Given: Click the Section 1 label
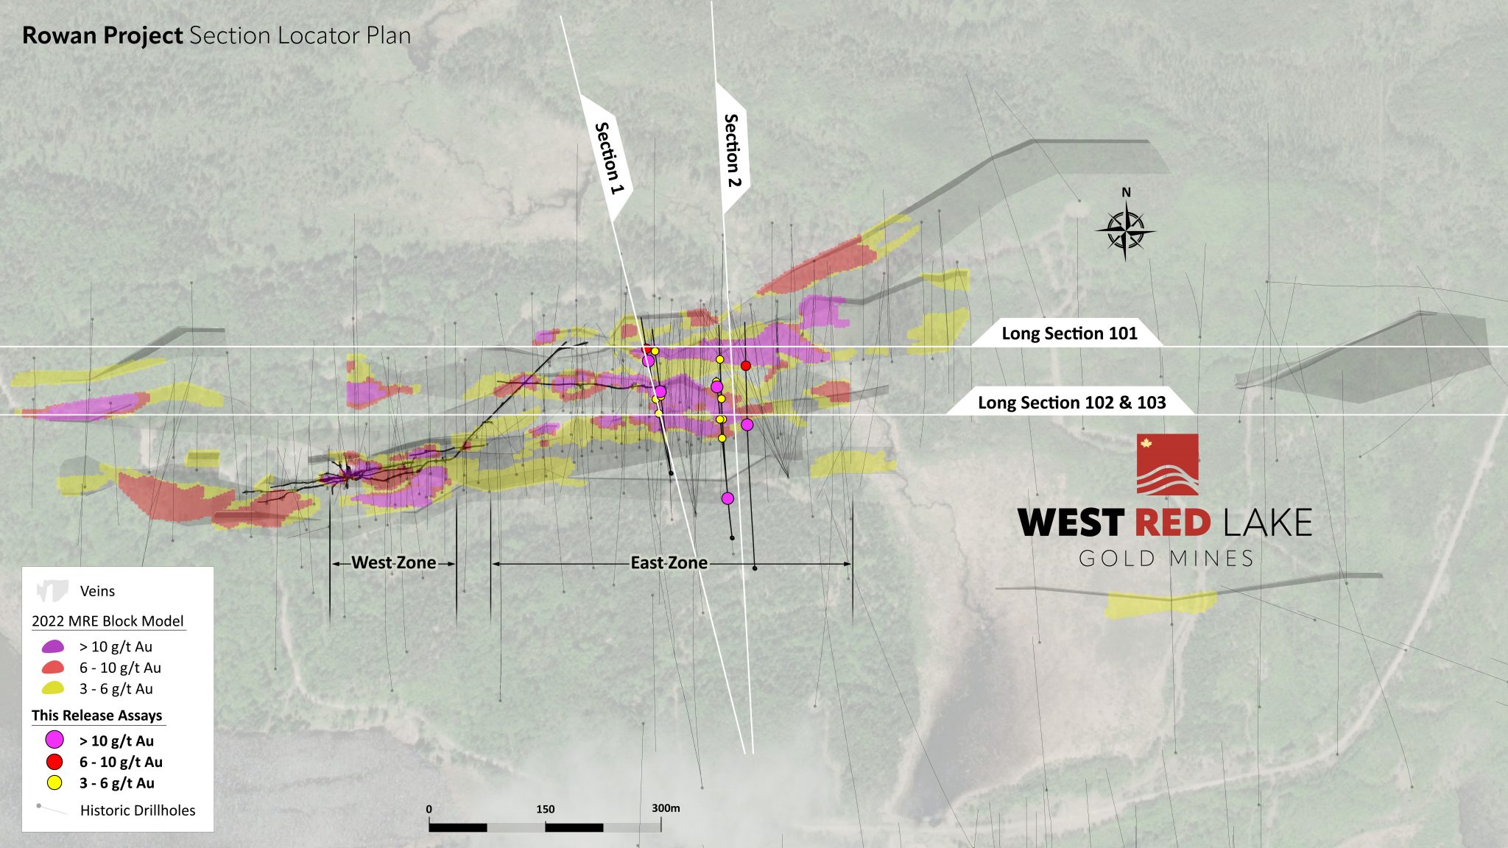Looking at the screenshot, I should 608,158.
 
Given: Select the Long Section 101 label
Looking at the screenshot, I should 1068,333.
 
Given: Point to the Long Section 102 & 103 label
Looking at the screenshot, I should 1071,403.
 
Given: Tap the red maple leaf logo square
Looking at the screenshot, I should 1167,464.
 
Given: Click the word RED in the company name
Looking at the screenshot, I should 1172,523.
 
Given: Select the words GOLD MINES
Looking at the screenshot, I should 1166,559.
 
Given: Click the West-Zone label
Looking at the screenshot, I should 393,563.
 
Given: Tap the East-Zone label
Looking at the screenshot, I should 669,563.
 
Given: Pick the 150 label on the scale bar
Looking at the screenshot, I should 545,809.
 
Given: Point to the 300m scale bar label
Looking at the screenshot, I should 666,808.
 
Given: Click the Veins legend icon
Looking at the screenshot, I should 52,590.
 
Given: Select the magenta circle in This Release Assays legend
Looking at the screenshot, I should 54,740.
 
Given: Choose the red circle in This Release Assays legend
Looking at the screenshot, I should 54,762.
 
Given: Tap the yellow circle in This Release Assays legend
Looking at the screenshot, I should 54,782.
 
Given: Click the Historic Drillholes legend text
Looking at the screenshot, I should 138,810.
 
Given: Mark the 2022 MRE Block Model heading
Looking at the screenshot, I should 108,621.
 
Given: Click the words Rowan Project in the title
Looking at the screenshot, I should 102,35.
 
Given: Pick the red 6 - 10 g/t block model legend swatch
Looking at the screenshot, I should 53,668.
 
